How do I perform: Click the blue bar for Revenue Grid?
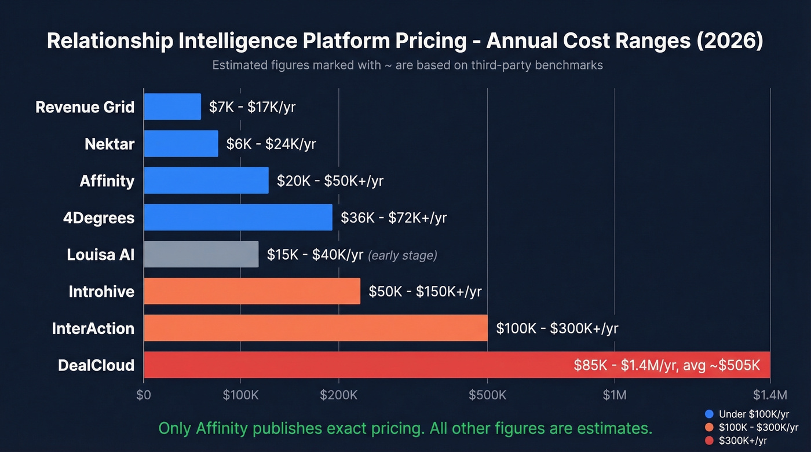pos(172,107)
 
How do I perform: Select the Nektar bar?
pos(181,144)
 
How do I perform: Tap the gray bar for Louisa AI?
pos(201,255)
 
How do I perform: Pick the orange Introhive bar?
pos(251,291)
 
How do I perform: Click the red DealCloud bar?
pos(348,365)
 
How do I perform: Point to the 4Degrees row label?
pos(98,218)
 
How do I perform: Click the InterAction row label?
pos(93,329)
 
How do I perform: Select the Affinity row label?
pos(107,181)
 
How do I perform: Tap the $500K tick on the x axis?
pos(487,395)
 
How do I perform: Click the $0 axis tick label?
pos(144,395)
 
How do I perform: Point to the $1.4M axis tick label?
pos(770,395)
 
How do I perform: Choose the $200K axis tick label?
pos(338,395)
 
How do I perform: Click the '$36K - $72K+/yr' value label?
pos(393,218)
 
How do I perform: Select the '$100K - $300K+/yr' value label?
pos(557,329)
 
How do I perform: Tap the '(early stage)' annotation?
pos(403,255)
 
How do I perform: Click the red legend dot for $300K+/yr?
pos(709,440)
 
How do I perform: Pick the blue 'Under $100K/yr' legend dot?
pos(709,414)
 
